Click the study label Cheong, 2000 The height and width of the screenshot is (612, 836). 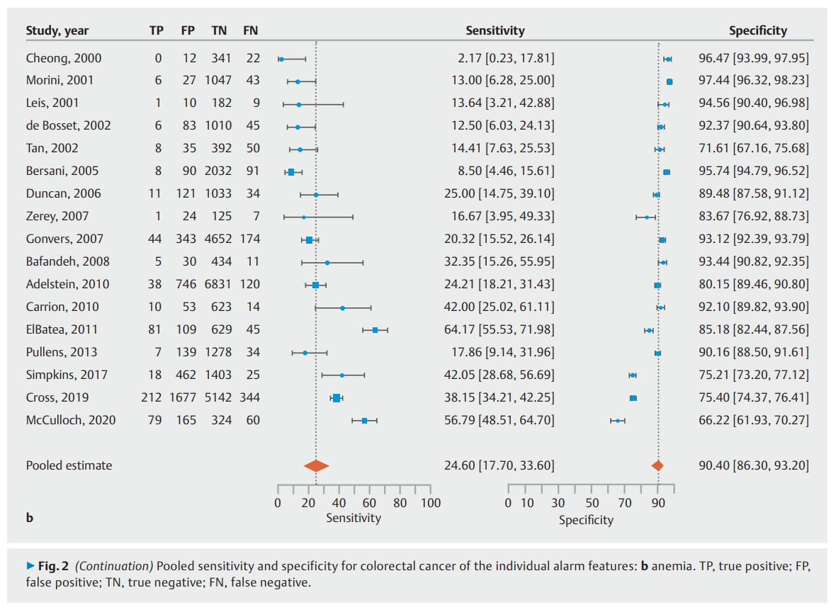pos(64,58)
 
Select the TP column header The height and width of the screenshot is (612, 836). pos(156,30)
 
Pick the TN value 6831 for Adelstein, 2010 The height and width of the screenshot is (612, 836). pos(218,284)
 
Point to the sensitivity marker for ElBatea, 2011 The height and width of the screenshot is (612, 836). pos(375,330)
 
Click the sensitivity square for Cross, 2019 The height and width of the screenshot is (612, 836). pos(337,398)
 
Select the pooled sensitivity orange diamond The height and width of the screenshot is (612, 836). pos(316,466)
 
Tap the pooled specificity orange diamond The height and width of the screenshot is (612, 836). pos(657,466)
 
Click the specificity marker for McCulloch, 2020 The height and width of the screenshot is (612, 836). pos(618,421)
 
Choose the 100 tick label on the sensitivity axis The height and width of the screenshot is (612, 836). pos(431,503)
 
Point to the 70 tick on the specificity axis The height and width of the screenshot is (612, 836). pos(625,489)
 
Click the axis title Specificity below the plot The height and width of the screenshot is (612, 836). pos(586,520)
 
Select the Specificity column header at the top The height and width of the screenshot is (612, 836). pos(757,30)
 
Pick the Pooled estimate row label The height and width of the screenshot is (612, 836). pos(69,465)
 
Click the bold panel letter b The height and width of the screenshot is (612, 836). pos(30,517)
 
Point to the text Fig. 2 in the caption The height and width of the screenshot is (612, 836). pos(53,566)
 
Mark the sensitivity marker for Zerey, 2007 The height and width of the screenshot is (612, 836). pos(304,217)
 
